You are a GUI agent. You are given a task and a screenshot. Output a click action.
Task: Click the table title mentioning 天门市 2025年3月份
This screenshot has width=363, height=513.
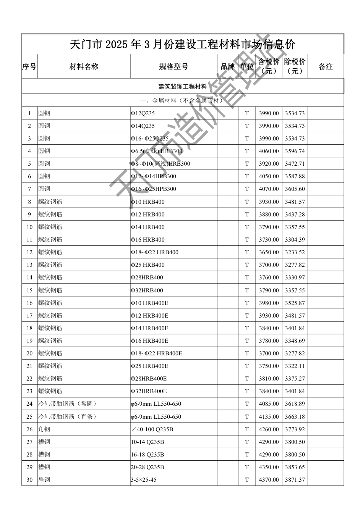pyautogui.click(x=183, y=44)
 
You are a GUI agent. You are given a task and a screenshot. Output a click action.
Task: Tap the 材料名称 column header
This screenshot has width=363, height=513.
pyautogui.click(x=84, y=67)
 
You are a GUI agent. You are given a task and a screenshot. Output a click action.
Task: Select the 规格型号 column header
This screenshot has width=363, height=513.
pyautogui.click(x=173, y=67)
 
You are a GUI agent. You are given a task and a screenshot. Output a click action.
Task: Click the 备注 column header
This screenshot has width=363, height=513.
pyautogui.click(x=326, y=67)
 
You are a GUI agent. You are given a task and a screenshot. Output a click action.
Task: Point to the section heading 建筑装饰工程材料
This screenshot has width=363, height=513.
pyautogui.click(x=183, y=87)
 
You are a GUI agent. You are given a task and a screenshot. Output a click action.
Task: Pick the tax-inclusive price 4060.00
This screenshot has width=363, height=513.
pyautogui.click(x=269, y=151)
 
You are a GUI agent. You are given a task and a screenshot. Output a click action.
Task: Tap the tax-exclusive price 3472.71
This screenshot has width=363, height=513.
pyautogui.click(x=295, y=164)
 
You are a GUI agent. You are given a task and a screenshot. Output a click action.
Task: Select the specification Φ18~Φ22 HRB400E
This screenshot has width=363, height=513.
pyautogui.click(x=156, y=353)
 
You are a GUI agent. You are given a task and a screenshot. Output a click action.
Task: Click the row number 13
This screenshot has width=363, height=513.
pyautogui.click(x=29, y=265)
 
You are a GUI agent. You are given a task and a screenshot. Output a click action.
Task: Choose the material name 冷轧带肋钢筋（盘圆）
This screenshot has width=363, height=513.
pyautogui.click(x=67, y=404)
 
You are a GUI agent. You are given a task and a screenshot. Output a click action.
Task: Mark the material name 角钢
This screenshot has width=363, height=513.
pyautogui.click(x=44, y=429)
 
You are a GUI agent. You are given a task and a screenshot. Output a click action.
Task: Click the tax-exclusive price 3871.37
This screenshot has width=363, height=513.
pyautogui.click(x=295, y=480)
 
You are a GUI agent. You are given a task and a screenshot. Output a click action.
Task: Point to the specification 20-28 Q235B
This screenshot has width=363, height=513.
pyautogui.click(x=147, y=467)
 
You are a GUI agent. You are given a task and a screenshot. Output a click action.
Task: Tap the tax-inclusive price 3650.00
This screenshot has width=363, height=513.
pyautogui.click(x=269, y=252)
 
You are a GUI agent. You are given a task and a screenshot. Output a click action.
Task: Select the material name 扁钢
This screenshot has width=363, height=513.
pyautogui.click(x=44, y=480)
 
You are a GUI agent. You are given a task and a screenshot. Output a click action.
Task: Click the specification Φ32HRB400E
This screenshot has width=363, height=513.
pyautogui.click(x=149, y=391)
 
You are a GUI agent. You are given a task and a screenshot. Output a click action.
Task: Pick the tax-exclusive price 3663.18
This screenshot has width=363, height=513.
pyautogui.click(x=295, y=417)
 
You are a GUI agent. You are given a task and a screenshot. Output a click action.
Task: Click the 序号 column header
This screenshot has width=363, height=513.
pyautogui.click(x=29, y=67)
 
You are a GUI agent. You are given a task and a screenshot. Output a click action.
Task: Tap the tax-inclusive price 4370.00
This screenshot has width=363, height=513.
pyautogui.click(x=269, y=480)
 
